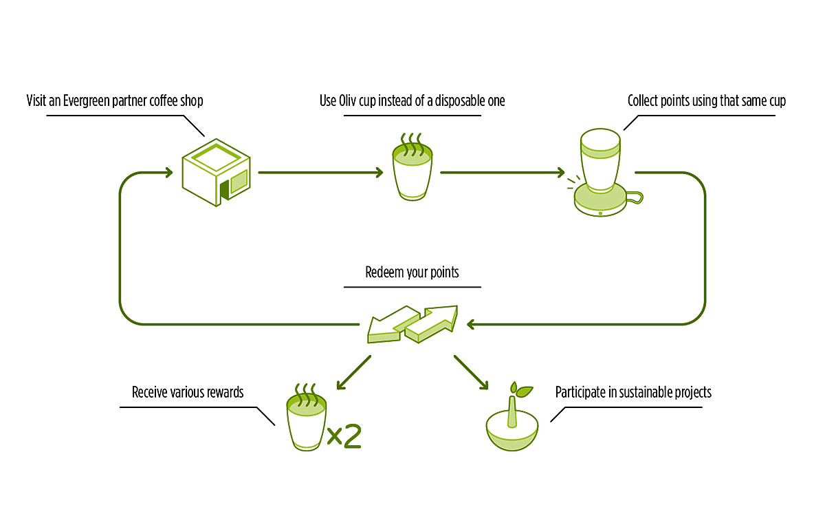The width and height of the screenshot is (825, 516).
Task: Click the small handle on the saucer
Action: (635, 198)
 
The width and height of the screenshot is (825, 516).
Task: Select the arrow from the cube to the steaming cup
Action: (320, 172)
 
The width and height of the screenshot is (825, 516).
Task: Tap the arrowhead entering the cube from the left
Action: (168, 172)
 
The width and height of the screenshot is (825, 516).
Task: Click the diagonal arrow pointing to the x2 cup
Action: (354, 372)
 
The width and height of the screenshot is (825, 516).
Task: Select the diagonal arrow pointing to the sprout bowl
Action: (471, 372)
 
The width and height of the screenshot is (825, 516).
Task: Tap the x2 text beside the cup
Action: (344, 436)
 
